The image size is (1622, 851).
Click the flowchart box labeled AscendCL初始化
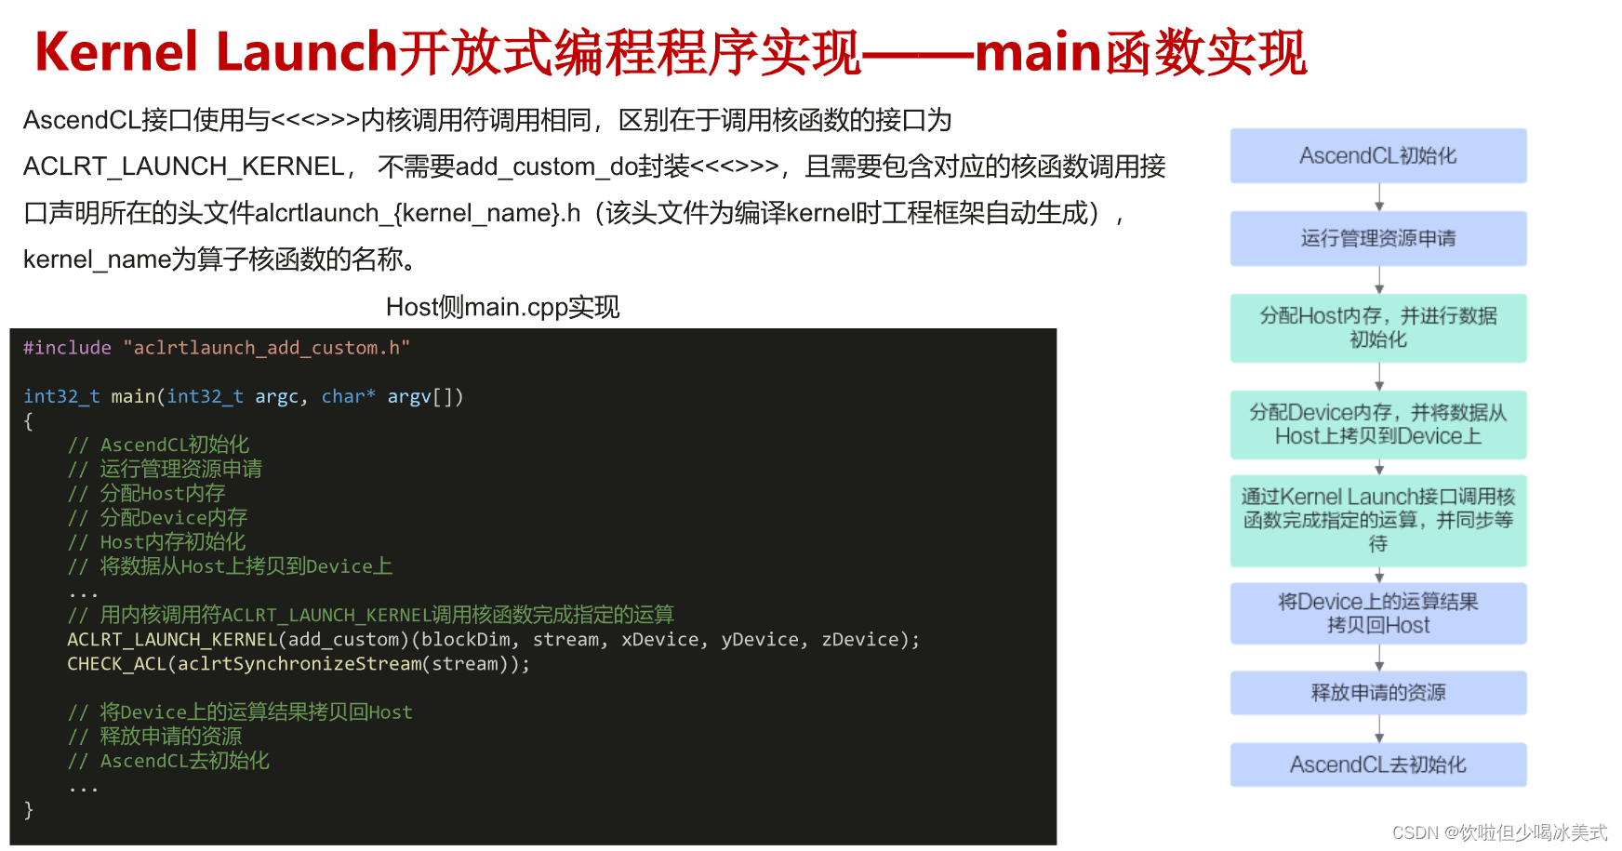(x=1377, y=155)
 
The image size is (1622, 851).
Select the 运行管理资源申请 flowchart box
(x=1377, y=238)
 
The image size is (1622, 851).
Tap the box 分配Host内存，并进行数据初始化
(x=1377, y=327)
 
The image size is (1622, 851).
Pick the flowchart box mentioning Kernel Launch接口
(x=1377, y=520)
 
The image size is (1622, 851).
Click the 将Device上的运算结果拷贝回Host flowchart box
(x=1377, y=613)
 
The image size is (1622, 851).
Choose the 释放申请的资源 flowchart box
(x=1377, y=692)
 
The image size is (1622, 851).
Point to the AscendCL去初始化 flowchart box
(x=1377, y=765)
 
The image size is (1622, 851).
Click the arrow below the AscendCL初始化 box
(x=1379, y=197)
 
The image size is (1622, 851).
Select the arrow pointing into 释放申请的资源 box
(x=1379, y=658)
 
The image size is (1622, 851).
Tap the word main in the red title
(x=1037, y=52)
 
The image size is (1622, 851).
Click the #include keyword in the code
(x=67, y=348)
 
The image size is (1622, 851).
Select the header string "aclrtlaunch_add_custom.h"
(x=266, y=348)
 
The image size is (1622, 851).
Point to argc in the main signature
(x=276, y=397)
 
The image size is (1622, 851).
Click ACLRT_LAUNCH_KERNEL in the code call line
(x=172, y=640)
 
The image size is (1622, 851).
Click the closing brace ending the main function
(x=29, y=809)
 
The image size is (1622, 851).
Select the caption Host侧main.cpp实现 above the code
(x=502, y=307)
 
